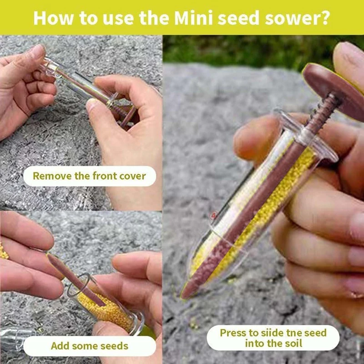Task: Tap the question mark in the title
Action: coord(324,18)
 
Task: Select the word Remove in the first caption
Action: coord(51,176)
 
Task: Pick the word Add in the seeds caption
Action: coord(60,346)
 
